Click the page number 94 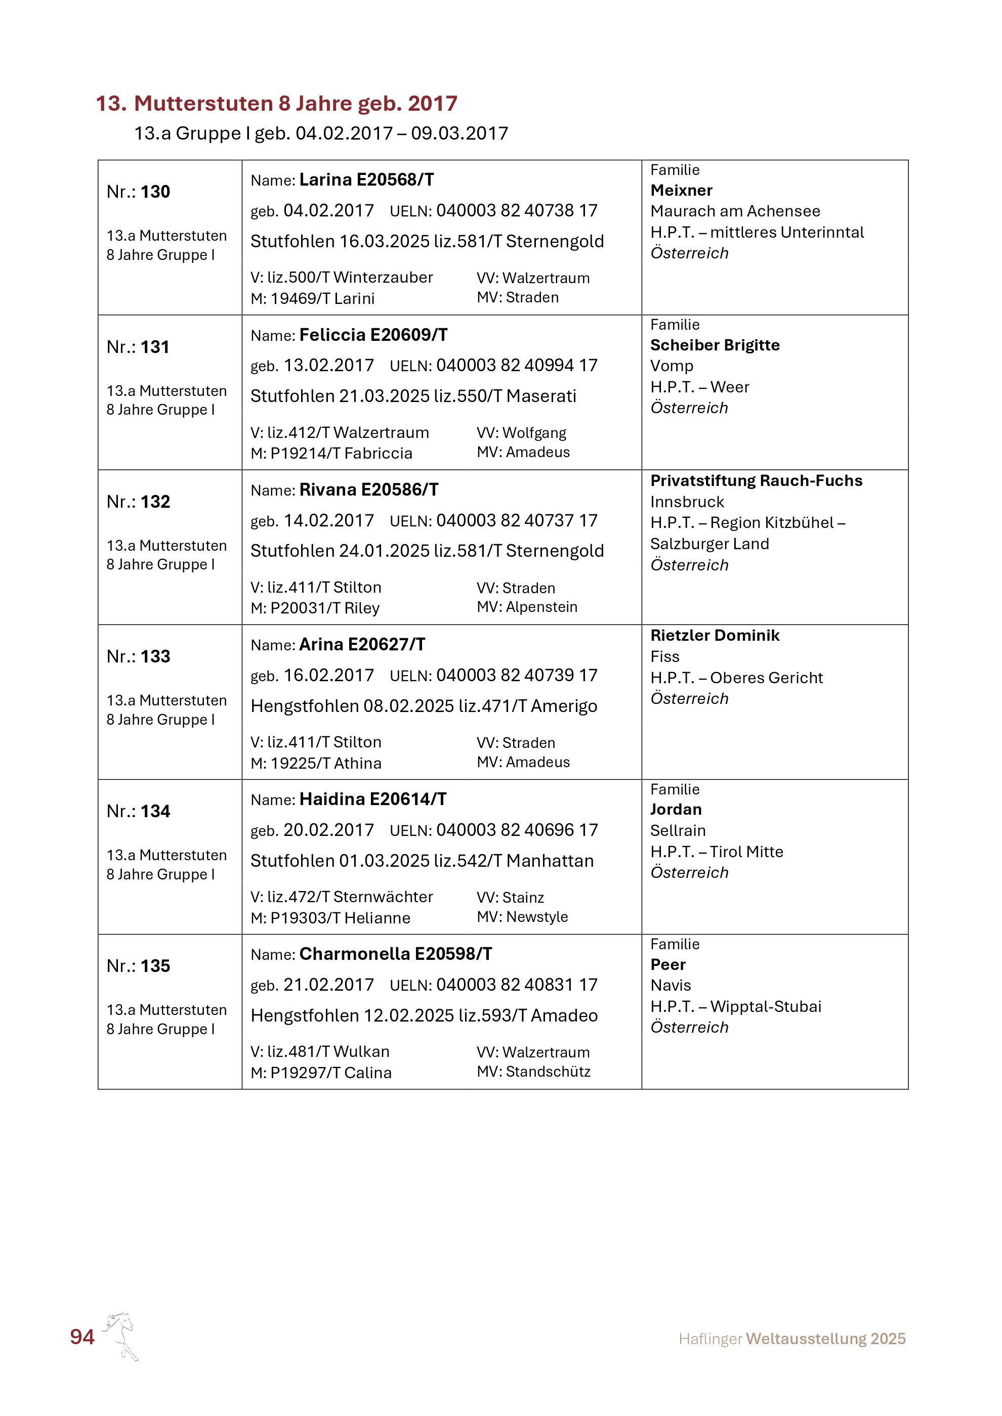82,1337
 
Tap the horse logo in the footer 121,1336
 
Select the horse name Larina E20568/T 366,180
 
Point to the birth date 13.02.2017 328,366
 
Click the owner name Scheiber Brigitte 715,345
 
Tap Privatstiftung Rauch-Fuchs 756,481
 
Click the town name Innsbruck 687,502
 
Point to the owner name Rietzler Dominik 715,636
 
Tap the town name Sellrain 678,831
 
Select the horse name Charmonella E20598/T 396,954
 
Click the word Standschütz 548,1072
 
